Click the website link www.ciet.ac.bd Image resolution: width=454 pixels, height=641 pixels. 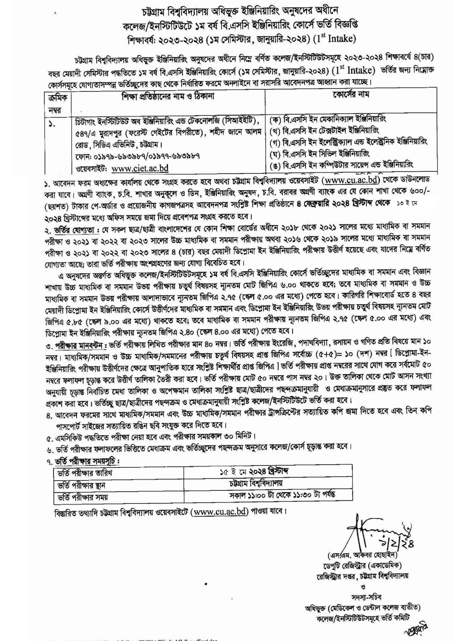click(x=140, y=167)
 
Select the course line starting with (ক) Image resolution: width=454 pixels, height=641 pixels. click(x=328, y=118)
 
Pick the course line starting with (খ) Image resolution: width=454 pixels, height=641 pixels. click(x=325, y=129)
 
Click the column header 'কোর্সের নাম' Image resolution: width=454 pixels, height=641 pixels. click(x=351, y=95)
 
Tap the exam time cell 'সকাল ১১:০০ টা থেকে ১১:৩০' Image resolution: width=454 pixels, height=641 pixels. click(x=282, y=495)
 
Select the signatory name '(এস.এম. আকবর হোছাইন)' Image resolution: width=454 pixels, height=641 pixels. click(x=368, y=555)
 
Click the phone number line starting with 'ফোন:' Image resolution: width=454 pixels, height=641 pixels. click(x=137, y=156)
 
